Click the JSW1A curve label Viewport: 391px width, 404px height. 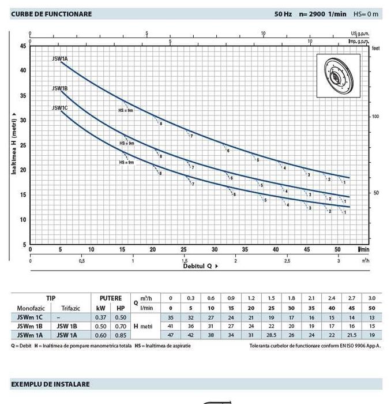(x=60, y=59)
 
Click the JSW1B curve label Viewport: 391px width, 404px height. (x=60, y=88)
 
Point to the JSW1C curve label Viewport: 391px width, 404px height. (x=60, y=108)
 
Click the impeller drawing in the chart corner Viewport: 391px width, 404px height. (x=337, y=75)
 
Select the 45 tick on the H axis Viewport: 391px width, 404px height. (x=23, y=46)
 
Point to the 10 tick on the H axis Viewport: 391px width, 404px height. (x=23, y=220)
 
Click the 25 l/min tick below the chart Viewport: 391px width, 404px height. (x=183, y=250)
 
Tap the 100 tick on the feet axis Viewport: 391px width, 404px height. (x=375, y=117)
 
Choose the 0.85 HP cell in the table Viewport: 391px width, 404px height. (x=121, y=336)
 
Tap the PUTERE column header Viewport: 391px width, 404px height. (x=110, y=298)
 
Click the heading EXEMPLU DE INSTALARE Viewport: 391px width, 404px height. (x=50, y=384)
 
